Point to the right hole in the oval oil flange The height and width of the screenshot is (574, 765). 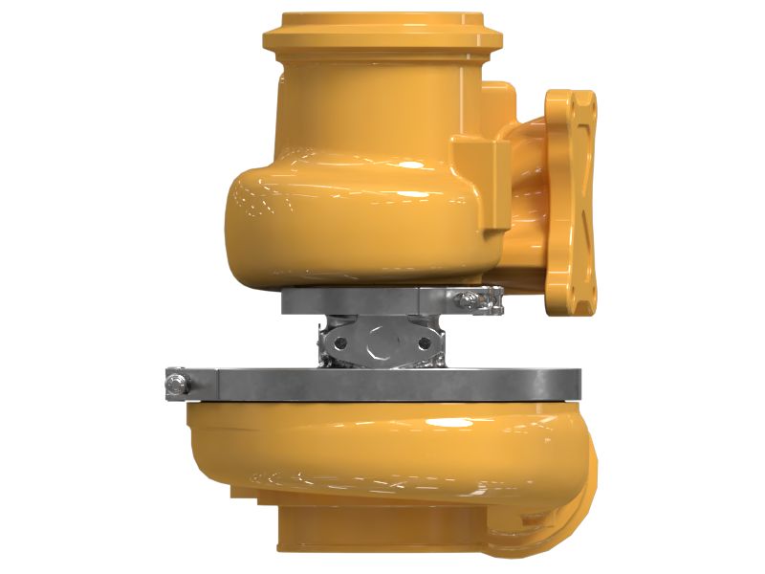point(422,339)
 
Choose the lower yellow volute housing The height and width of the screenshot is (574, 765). point(382,450)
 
